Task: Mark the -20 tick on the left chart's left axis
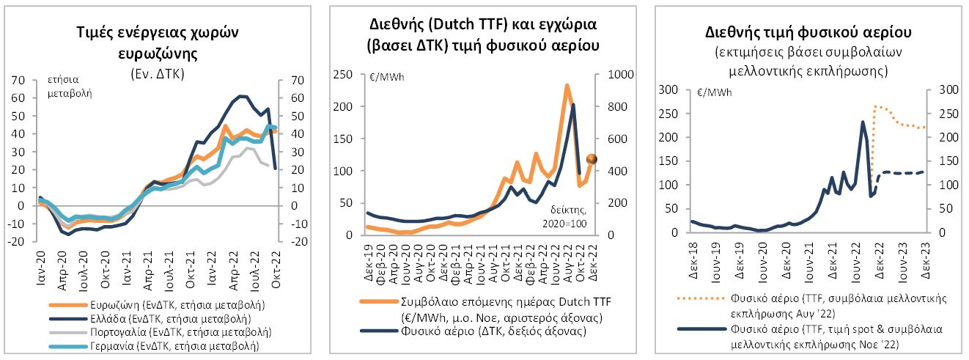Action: [17, 241]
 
